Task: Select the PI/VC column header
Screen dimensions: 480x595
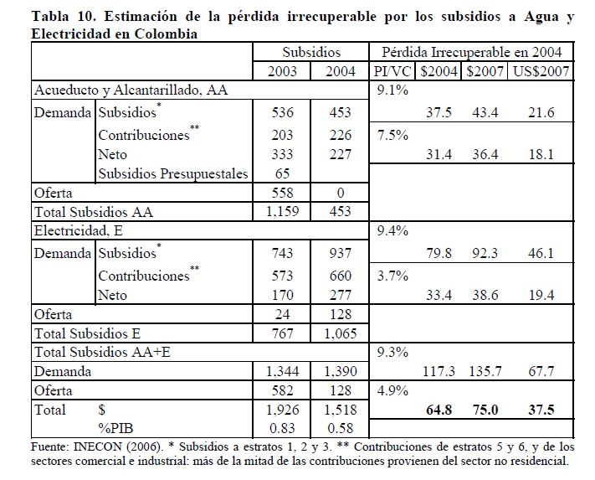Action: click(x=393, y=71)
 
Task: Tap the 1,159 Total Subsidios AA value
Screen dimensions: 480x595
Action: click(x=287, y=212)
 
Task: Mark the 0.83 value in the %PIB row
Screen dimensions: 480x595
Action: click(x=287, y=431)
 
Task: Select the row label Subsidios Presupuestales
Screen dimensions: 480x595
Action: click(x=172, y=173)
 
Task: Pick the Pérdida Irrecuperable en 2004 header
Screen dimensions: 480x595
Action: click(x=473, y=51)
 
